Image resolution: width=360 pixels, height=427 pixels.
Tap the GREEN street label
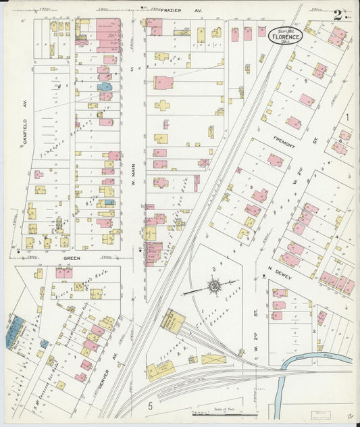pos(72,258)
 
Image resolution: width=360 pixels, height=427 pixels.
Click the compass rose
pos(214,288)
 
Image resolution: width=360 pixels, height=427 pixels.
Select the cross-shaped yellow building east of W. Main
pos(163,105)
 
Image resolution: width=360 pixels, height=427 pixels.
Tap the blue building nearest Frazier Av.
pos(105,86)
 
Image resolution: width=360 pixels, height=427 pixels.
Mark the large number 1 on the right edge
pos(347,116)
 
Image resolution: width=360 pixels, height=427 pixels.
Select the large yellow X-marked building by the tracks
pos(213,359)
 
